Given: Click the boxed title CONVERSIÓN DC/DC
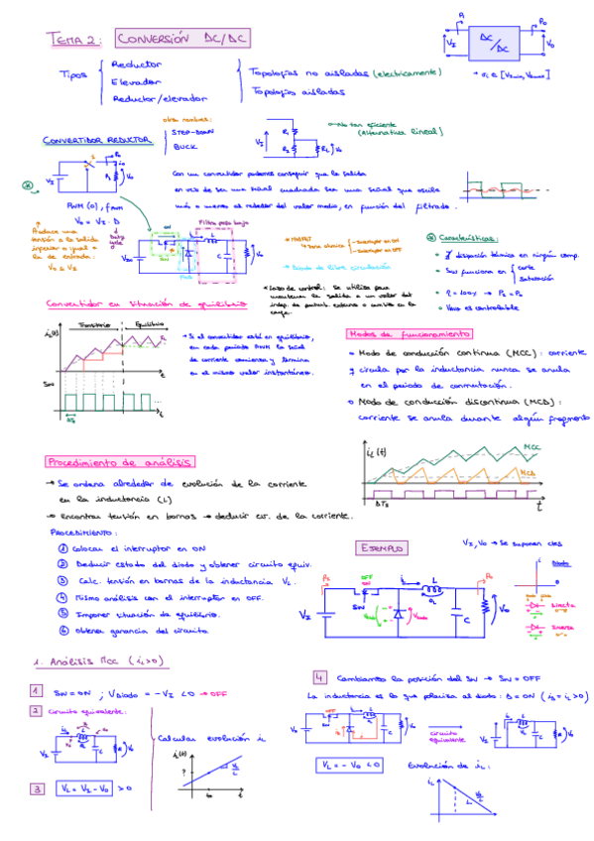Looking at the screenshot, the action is point(180,39).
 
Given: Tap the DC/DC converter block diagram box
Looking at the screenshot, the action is point(501,42).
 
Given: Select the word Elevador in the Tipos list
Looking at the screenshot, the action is point(138,81).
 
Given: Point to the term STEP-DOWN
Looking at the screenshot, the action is point(193,131).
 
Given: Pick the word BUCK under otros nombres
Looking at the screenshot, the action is point(185,147).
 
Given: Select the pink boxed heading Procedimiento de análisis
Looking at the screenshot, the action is point(119,462).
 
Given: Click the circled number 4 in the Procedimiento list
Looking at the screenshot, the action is point(62,598).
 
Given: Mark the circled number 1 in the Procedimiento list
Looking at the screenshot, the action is point(62,547).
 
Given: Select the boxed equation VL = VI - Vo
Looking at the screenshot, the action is point(81,788).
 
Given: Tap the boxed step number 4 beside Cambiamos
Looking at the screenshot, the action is point(319,676).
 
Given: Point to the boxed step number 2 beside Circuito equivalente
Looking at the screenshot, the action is point(35,711).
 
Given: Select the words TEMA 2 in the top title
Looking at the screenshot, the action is point(72,40).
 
